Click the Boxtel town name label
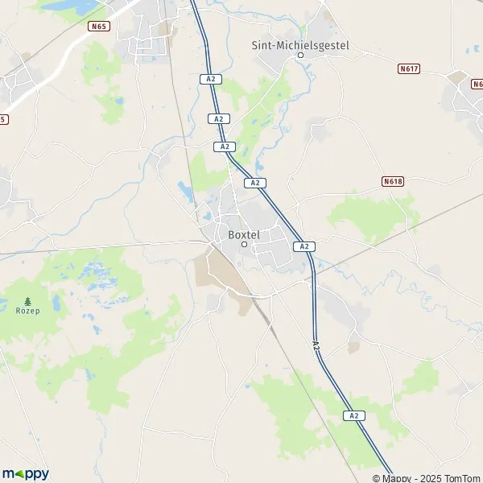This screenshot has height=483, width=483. (x=244, y=234)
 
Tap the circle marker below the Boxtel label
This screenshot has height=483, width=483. (x=245, y=244)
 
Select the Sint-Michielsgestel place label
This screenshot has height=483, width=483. (x=300, y=46)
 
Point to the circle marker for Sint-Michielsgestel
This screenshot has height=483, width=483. (x=300, y=56)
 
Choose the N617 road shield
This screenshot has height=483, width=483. (x=409, y=69)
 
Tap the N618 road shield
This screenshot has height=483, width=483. (x=392, y=182)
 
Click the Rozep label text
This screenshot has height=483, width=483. (x=28, y=309)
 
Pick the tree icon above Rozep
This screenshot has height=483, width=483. (x=28, y=299)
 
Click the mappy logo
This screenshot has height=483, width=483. (x=25, y=473)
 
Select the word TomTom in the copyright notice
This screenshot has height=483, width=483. (x=461, y=478)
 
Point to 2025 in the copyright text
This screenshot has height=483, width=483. (x=429, y=478)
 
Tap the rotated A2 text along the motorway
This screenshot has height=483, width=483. (x=316, y=344)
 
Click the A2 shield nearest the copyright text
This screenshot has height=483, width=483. (x=353, y=415)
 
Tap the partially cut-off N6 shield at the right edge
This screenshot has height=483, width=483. (x=477, y=84)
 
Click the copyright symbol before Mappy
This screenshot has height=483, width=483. (x=387, y=478)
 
